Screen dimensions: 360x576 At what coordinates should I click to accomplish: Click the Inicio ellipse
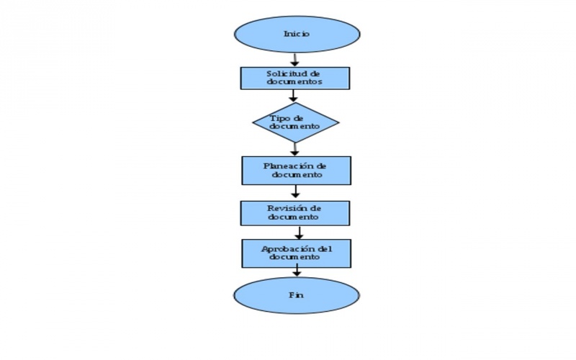click(296, 34)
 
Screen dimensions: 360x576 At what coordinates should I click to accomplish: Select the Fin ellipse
click(296, 295)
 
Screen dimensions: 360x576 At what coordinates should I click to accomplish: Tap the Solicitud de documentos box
click(295, 78)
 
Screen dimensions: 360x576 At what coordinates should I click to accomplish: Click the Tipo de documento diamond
click(295, 122)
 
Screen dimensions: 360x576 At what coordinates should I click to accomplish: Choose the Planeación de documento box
click(296, 170)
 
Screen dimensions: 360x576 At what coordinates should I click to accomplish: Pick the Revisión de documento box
click(295, 212)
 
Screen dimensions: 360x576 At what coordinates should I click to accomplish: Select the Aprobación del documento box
click(296, 253)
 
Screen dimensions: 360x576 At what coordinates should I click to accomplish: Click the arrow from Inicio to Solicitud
click(294, 59)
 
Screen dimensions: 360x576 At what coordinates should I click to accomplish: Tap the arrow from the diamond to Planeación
click(294, 149)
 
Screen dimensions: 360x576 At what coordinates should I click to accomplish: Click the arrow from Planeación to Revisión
click(295, 192)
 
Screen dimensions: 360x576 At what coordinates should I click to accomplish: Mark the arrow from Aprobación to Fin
click(296, 271)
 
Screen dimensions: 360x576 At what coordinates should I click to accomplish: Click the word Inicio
click(296, 34)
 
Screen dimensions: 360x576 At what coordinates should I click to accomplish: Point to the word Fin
click(295, 295)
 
